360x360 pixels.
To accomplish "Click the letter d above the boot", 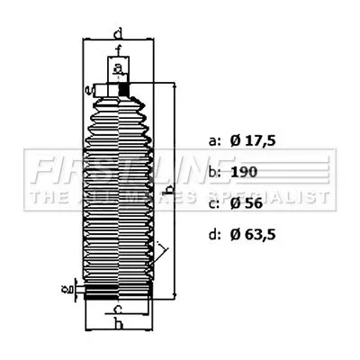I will click(119, 34).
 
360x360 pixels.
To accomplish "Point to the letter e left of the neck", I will click(87, 89).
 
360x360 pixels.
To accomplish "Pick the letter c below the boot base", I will click(119, 311).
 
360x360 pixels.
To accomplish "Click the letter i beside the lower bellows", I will click(160, 246).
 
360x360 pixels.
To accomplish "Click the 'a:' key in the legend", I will click(213, 141).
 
